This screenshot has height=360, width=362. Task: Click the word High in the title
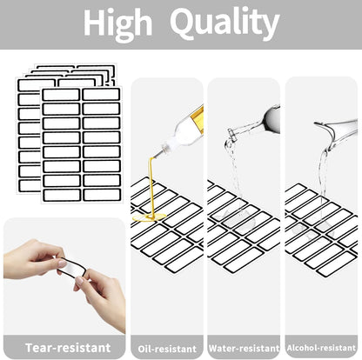[118, 23]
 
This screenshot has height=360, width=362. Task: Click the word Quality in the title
[225, 23]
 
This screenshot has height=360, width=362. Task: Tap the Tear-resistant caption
[68, 348]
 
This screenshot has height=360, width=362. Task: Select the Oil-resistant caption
[167, 349]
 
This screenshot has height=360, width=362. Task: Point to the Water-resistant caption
[244, 348]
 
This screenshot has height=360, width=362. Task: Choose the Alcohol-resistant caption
[321, 348]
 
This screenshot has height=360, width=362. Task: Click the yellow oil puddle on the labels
[149, 217]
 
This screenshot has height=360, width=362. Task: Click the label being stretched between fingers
[71, 267]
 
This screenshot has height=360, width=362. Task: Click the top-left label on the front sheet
[61, 95]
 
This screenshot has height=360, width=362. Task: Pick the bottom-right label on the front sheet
[102, 195]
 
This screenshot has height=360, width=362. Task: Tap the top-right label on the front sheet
[101, 95]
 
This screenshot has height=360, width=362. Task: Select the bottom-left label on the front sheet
[62, 196]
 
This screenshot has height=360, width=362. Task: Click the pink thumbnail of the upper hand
[62, 263]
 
